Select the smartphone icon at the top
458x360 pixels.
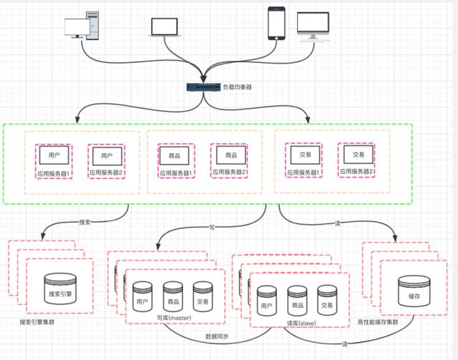[x=277, y=24]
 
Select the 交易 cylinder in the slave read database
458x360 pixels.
[x=327, y=299]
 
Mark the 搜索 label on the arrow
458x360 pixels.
[x=84, y=223]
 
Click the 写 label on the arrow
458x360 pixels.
[x=213, y=228]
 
